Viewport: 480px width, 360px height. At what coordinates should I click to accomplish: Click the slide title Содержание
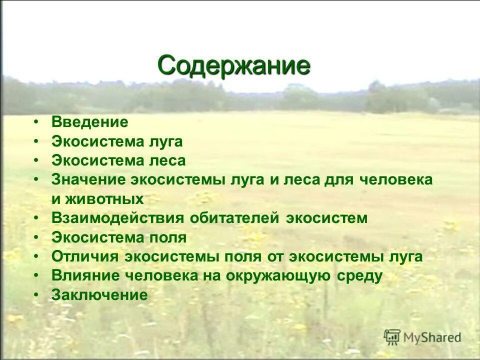coord(234,65)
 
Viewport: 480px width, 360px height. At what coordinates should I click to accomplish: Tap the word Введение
coord(89,122)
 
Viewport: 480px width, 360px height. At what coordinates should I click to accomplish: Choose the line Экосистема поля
coord(118,237)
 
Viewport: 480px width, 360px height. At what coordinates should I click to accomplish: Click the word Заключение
coord(99,295)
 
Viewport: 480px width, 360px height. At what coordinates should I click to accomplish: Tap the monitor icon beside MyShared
coord(392,337)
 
